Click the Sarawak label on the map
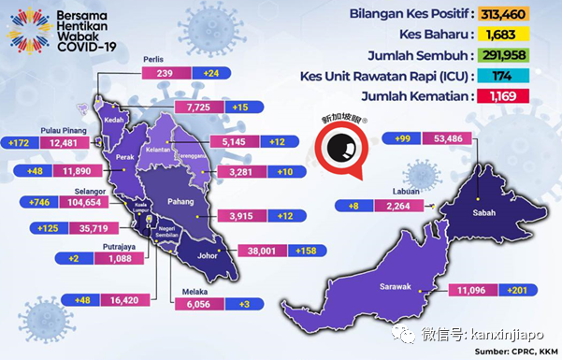397,261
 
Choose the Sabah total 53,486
441,139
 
